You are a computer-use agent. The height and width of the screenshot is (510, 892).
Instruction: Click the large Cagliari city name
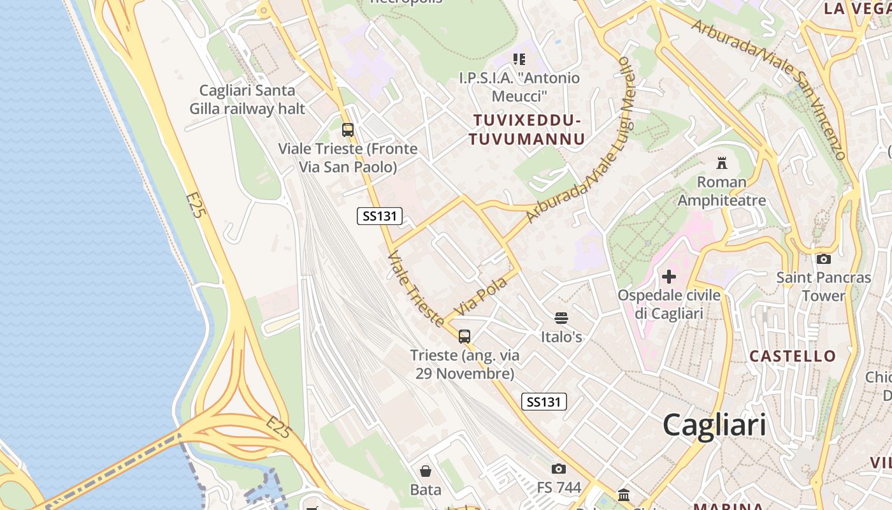click(714, 425)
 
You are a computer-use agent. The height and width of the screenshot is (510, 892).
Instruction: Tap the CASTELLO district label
click(793, 356)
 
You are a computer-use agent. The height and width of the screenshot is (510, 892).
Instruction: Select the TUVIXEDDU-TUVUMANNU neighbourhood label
click(526, 129)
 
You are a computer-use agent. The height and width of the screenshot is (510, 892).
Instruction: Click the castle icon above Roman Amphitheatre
click(722, 163)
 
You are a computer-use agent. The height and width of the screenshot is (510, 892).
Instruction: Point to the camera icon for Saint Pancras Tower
click(824, 259)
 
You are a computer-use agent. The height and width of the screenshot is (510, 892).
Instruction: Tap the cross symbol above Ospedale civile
click(669, 277)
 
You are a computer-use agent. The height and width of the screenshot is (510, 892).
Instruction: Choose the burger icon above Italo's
click(561, 317)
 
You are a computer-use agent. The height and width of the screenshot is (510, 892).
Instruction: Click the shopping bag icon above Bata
click(426, 471)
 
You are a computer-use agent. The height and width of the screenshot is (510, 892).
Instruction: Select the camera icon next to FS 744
click(559, 469)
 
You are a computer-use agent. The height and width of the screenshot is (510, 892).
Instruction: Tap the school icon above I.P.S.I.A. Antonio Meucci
click(519, 59)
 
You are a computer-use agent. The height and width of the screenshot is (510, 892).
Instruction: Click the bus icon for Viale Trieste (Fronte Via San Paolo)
click(348, 130)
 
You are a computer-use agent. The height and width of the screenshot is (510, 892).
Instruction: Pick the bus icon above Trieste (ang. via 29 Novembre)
click(464, 337)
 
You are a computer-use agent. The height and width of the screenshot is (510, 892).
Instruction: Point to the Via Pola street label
click(482, 295)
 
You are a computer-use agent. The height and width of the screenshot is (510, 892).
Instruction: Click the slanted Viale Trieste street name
click(415, 288)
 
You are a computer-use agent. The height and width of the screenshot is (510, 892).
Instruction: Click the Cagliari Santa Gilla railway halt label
click(247, 99)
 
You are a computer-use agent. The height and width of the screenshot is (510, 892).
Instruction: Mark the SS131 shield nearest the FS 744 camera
click(543, 402)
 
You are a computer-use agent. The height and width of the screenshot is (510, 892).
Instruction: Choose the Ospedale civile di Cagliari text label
click(669, 304)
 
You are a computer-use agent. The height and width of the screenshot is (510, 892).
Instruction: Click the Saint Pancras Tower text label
click(823, 287)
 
